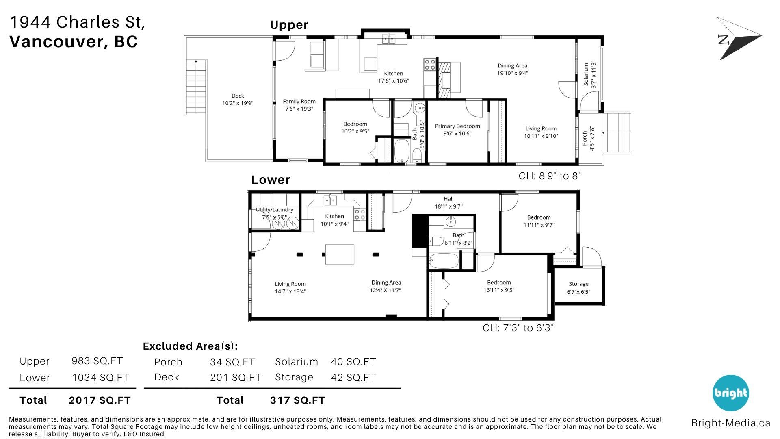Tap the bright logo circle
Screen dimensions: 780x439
[730, 393]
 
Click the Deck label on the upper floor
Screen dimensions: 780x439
[238, 96]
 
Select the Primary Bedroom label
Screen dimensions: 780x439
[457, 126]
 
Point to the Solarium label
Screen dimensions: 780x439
[586, 74]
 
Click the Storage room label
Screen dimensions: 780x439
[578, 284]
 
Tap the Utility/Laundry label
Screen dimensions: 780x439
[274, 210]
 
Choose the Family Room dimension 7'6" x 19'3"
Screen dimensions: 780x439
[299, 109]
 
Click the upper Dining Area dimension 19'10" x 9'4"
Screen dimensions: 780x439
[513, 73]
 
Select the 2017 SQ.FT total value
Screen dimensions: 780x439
[100, 400]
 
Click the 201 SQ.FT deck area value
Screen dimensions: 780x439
[236, 378]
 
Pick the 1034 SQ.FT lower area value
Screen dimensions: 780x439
[100, 378]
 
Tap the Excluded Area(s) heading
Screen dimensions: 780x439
[190, 346]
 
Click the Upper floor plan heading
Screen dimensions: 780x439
[289, 25]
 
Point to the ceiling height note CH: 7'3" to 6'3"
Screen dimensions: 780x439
[518, 328]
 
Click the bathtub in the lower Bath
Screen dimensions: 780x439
[444, 261]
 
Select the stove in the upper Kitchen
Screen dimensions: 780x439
[430, 65]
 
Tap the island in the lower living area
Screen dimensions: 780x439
[340, 254]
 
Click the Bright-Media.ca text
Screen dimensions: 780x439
[731, 423]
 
